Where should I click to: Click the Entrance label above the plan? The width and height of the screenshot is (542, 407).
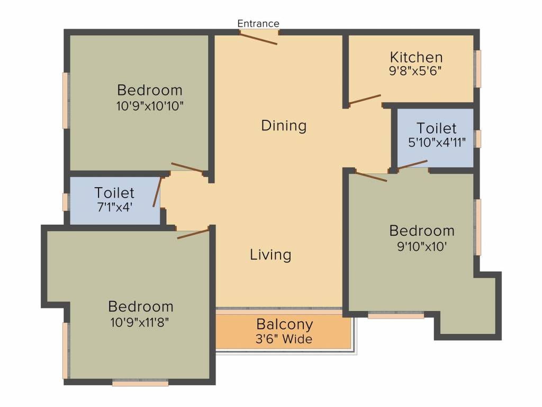tap(258, 23)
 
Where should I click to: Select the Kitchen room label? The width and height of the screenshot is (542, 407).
tap(416, 57)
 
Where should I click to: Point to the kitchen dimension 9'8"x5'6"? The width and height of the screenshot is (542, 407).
tap(415, 71)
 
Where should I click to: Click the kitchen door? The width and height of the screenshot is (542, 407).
tap(365, 99)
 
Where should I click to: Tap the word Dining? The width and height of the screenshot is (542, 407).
tap(284, 125)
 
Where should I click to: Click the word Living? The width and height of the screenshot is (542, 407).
tap(270, 255)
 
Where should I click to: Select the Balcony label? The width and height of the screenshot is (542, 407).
tap(285, 325)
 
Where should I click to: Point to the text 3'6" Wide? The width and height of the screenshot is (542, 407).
tap(284, 339)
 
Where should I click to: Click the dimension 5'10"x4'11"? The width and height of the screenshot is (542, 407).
tap(437, 142)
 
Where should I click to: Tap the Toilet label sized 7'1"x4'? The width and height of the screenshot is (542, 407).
tap(114, 193)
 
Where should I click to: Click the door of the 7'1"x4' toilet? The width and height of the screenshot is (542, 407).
tap(157, 192)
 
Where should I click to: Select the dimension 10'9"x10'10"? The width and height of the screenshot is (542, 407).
tap(150, 105)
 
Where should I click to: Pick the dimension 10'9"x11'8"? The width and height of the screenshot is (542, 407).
tap(140, 322)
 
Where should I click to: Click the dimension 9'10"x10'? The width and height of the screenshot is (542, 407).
tap(422, 246)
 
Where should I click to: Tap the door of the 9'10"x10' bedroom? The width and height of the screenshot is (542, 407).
tap(371, 176)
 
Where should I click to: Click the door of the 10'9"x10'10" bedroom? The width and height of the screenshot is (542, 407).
tap(187, 167)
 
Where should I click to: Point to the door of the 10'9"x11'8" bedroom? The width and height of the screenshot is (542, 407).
tap(193, 234)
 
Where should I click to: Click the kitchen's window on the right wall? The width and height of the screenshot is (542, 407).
tap(478, 69)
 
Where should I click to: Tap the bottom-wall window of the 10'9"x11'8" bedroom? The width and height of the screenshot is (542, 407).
tap(140, 383)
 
